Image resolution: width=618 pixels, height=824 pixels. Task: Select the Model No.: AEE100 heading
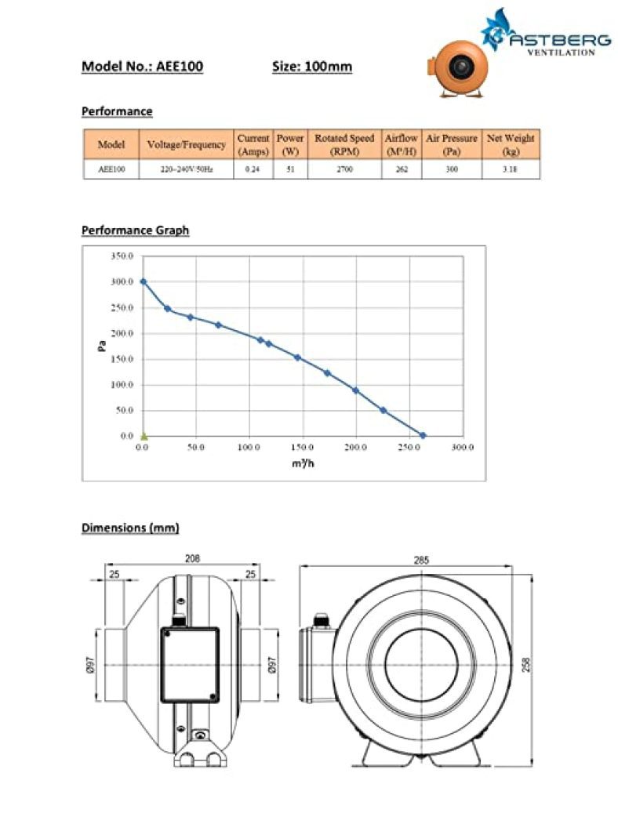(x=142, y=67)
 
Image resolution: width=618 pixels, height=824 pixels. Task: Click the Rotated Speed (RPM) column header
(x=344, y=144)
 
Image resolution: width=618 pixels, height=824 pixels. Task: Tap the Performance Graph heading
(x=135, y=231)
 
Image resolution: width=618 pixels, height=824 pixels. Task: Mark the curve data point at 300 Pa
(x=143, y=281)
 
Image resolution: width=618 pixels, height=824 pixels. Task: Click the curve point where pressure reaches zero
(x=423, y=435)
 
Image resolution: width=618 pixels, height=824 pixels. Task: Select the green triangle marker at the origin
(x=144, y=435)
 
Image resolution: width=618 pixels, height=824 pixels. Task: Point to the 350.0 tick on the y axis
(x=122, y=256)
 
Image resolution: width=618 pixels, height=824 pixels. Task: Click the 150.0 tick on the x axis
(x=302, y=447)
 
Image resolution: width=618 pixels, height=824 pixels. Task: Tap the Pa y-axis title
(x=102, y=345)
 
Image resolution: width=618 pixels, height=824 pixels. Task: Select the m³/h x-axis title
(x=303, y=464)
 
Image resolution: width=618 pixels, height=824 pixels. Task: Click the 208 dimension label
(x=192, y=558)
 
